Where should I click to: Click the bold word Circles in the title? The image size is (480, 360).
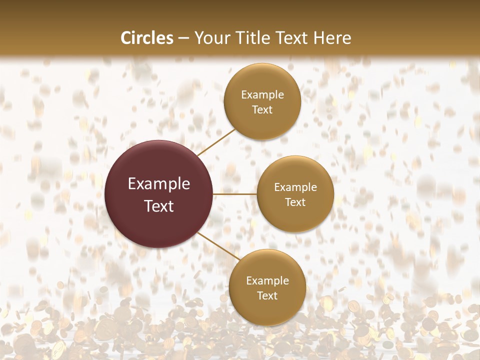147,38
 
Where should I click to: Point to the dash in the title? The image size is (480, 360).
183,38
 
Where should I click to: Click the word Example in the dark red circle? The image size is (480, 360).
159,184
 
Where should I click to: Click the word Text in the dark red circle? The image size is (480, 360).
159,206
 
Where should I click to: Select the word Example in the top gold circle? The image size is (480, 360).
262,95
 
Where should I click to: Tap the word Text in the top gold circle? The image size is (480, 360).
262,110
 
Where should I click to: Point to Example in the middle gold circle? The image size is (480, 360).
295,187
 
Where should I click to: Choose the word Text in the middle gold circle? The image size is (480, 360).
295,202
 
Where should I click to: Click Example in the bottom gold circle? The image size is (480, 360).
267,281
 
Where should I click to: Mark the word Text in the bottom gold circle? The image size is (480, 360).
267,296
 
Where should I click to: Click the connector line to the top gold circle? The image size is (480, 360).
216,142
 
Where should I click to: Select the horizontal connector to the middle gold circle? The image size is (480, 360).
235,194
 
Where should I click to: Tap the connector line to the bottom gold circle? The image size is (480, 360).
219,246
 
